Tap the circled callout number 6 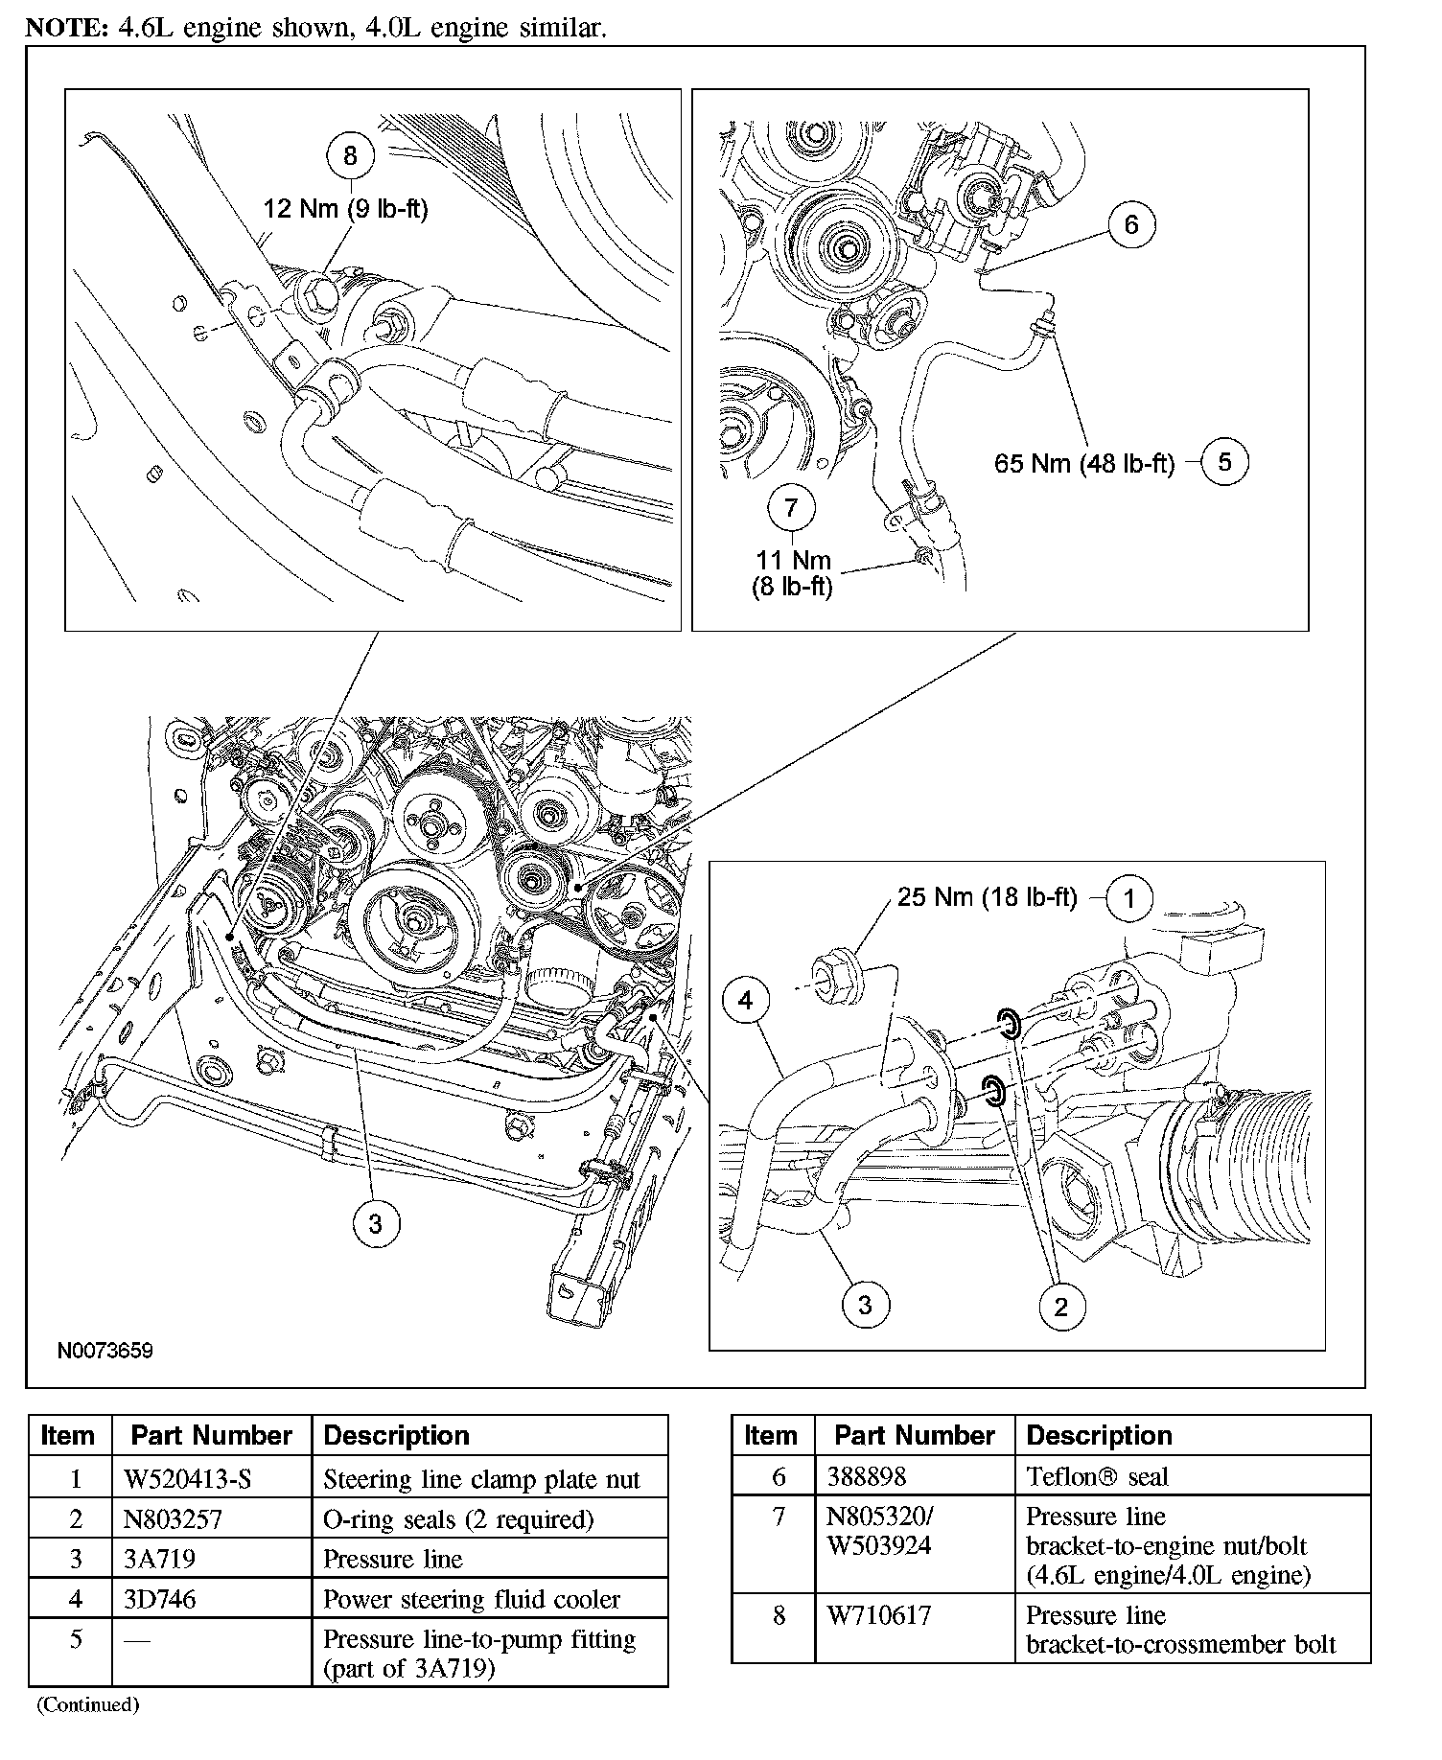tap(1131, 224)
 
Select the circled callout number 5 tap(1224, 462)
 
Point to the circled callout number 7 tap(791, 507)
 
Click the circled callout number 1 tap(1129, 898)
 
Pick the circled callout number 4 tap(746, 1002)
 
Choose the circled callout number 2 tap(1060, 1307)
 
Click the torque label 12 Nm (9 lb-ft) tap(345, 208)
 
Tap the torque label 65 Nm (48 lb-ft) tap(1084, 464)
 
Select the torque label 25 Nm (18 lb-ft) tap(988, 897)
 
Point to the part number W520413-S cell tap(188, 1479)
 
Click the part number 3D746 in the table tap(160, 1599)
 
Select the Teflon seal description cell tap(1097, 1476)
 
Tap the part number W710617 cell tap(875, 1615)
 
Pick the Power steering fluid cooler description tap(472, 1599)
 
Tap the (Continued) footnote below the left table tap(88, 1704)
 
